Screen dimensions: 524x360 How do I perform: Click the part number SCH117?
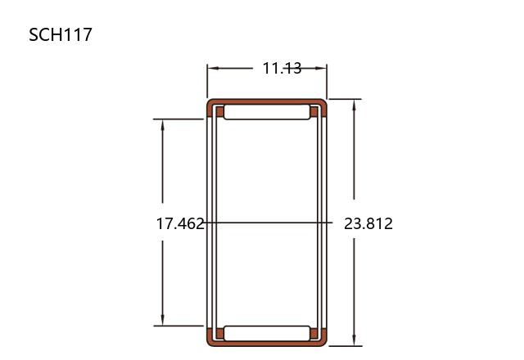(60, 34)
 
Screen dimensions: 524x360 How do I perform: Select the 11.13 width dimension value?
(282, 68)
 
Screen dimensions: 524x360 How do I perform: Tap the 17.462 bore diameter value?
(180, 223)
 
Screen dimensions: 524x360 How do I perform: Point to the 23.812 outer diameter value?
(368, 223)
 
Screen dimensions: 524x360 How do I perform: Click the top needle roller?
(267, 112)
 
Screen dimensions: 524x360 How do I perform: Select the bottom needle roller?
(267, 333)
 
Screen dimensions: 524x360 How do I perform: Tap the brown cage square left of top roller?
(220, 112)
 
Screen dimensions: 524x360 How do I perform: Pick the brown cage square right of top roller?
(314, 112)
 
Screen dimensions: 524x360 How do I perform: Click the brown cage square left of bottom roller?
(220, 333)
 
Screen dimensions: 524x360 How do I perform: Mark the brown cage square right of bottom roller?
(314, 333)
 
